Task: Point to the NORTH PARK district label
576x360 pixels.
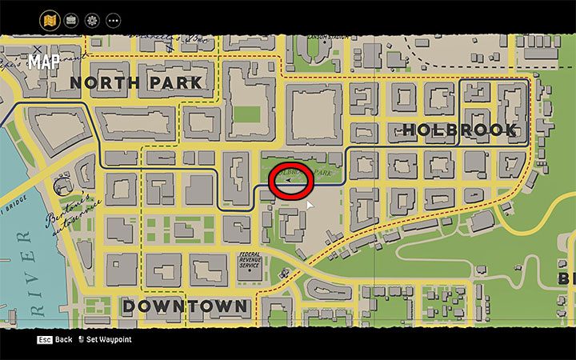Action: tap(135, 82)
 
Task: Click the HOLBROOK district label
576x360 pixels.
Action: tap(459, 129)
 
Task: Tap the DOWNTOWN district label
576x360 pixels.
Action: tap(185, 306)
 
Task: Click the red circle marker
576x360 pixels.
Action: tap(291, 180)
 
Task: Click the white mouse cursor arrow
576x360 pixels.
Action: tap(310, 206)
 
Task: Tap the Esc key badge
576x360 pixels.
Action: tap(43, 340)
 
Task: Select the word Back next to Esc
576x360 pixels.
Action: tap(63, 340)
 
